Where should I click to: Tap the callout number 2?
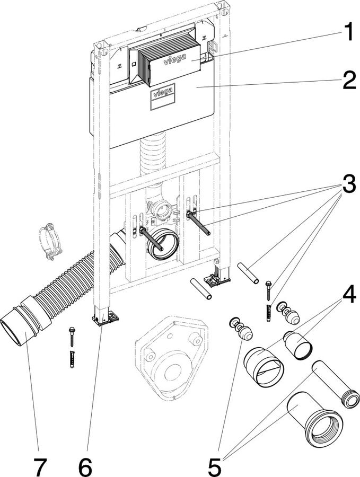[349, 80]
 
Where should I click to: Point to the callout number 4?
[349, 294]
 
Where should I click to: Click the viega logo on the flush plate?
[174, 59]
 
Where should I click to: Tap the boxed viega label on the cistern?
[163, 92]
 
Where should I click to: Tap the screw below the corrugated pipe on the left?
[72, 337]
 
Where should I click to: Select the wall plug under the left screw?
[72, 359]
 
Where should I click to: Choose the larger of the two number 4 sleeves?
[264, 367]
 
